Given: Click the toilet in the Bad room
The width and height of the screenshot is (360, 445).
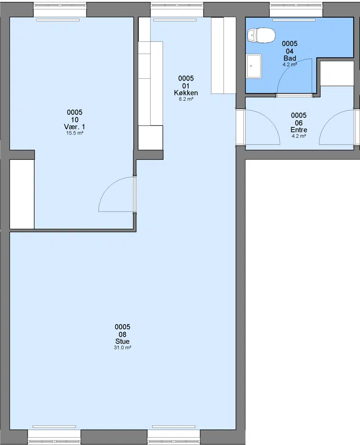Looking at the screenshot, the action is click(261, 36).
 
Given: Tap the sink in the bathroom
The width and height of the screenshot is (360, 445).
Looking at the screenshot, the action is click(254, 66).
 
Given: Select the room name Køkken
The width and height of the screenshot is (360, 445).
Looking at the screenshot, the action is click(186, 93).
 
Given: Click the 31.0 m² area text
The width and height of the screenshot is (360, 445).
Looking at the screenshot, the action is click(122, 348).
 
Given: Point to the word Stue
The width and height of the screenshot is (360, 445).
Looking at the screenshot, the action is click(122, 342).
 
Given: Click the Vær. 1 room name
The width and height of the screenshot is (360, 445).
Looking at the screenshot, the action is click(74, 127).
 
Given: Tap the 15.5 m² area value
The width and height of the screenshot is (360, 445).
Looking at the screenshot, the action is click(75, 133).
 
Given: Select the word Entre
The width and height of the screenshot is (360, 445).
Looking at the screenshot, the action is click(299, 130).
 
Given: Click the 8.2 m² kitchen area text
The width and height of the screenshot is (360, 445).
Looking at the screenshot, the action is click(186, 99).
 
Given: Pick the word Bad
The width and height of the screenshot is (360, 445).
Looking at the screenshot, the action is click(290, 58).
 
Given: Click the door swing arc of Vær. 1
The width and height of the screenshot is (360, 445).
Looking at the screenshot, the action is click(108, 186).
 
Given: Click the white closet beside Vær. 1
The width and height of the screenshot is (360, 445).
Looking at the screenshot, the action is click(22, 194).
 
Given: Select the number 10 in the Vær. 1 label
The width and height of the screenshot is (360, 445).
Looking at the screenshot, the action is click(75, 120).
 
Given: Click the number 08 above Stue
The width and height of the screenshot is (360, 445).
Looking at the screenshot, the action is click(122, 334).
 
